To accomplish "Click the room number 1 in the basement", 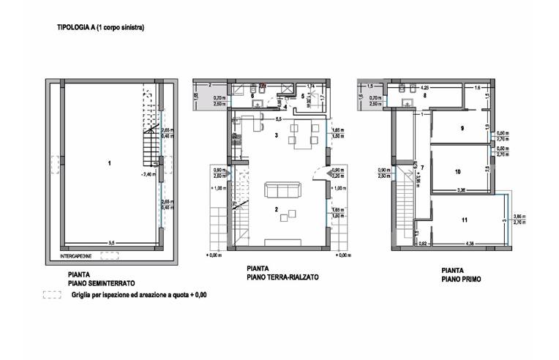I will tap(108, 162).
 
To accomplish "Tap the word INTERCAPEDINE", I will tap(77, 256).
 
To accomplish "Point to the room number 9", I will tap(462, 128).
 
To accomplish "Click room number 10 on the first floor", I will tap(457, 172).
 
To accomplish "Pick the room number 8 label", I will tap(424, 96).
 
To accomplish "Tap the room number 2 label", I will tap(277, 210).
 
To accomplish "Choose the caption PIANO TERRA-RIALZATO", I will tap(284, 279).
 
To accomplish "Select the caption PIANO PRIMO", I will tap(461, 279).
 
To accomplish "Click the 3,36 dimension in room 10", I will tap(462, 190).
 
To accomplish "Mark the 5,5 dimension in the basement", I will tap(111, 241).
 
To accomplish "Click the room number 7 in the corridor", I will tap(423, 167).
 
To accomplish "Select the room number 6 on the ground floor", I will tap(252, 96).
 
